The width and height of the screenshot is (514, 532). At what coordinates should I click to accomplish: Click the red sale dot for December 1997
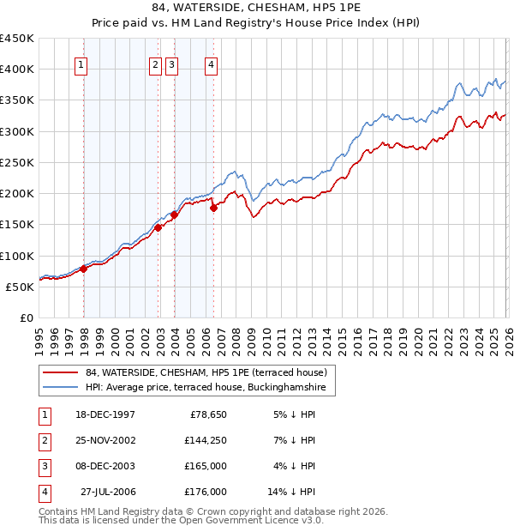click(x=84, y=269)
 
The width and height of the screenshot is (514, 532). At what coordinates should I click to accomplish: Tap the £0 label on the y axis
click(x=26, y=317)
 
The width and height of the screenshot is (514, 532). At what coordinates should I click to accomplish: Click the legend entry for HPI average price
click(x=206, y=388)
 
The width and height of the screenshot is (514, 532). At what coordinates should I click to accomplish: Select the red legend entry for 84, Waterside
click(x=206, y=372)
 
